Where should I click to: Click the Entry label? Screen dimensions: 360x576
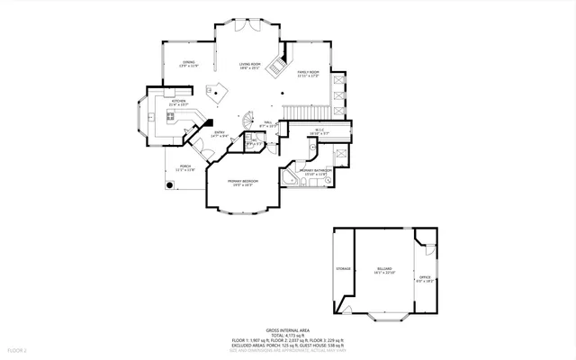219,135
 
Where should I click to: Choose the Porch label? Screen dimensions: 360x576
185,167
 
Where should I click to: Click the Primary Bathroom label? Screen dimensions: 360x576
311,172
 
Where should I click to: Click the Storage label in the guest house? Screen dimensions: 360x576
343,268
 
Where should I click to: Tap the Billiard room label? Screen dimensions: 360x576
385,271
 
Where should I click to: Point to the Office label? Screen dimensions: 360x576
426,279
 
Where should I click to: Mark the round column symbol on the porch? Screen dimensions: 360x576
168,186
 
